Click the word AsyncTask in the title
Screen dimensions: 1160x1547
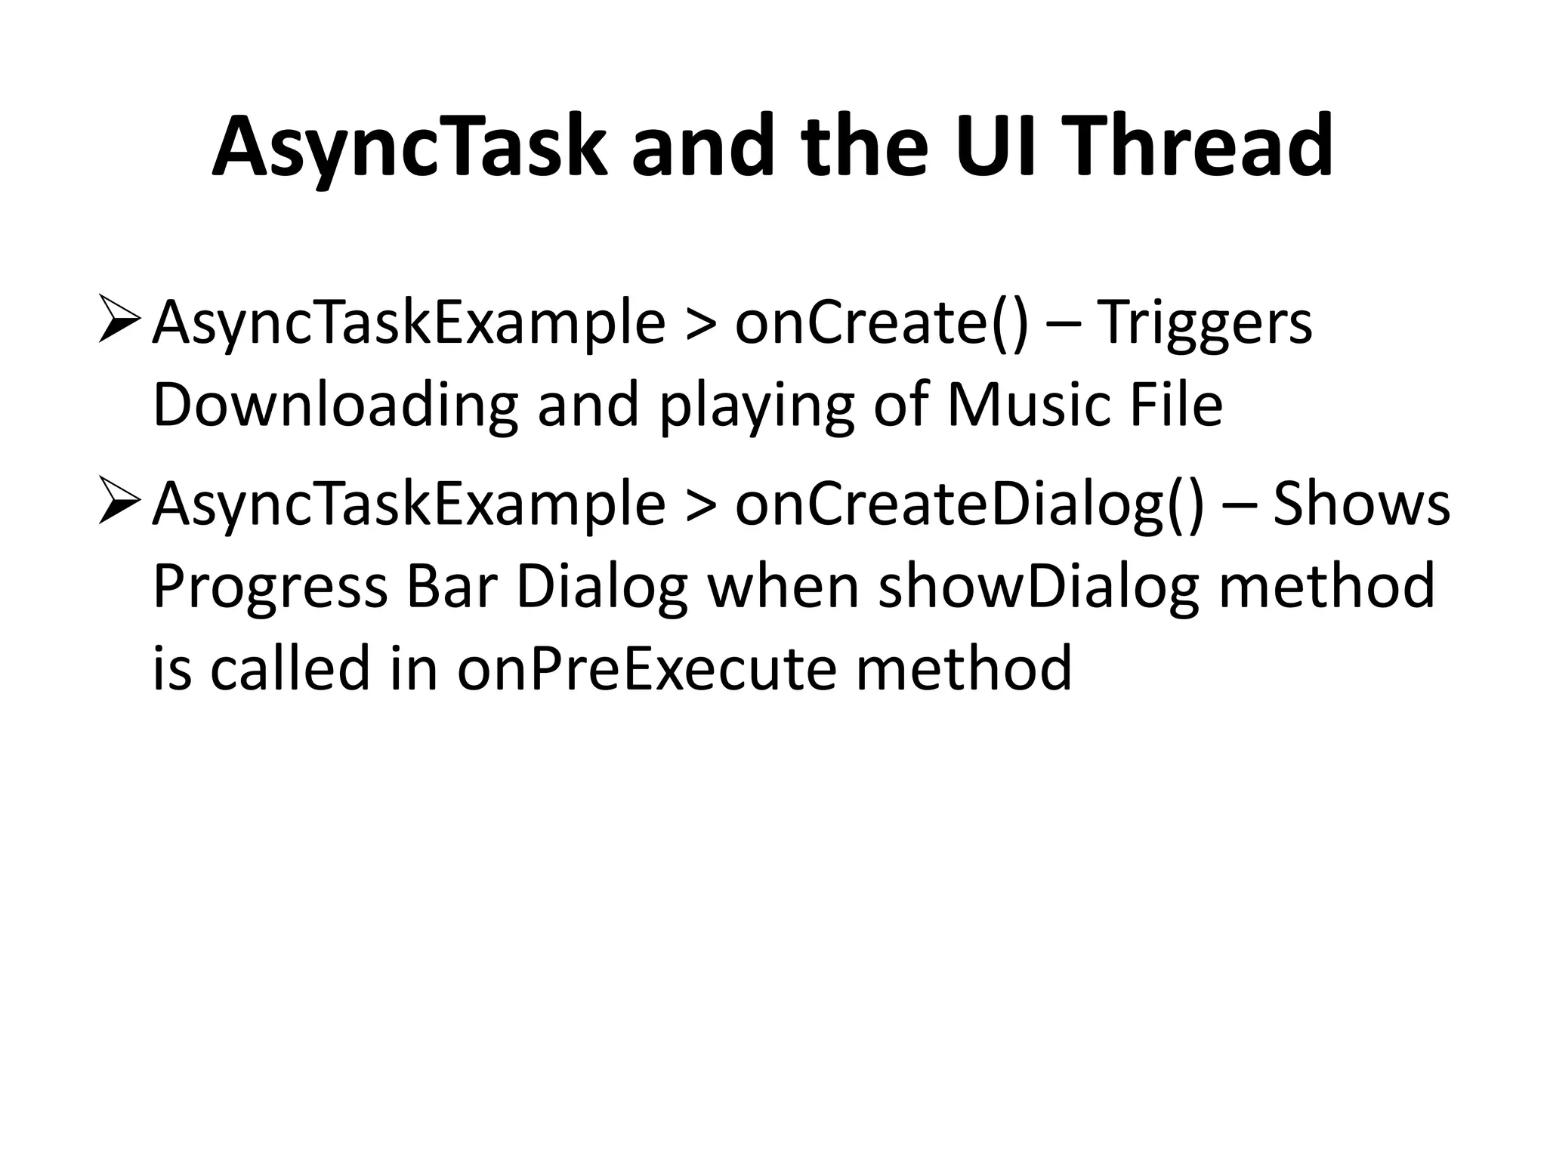pos(409,147)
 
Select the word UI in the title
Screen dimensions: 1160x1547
pos(990,147)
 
